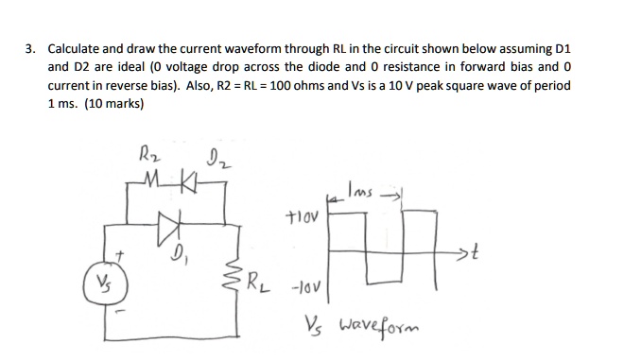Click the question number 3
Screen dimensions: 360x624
coord(29,46)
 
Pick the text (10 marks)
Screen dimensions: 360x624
coord(111,104)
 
